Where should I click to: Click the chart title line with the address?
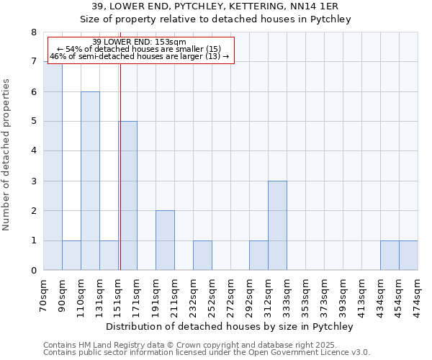pyautogui.click(x=216, y=6)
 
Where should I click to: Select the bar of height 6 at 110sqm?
pyautogui.click(x=90, y=181)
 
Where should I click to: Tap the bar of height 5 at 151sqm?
pyautogui.click(x=128, y=196)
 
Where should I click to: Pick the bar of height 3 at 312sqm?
pyautogui.click(x=277, y=225)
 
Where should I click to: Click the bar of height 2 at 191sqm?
pyautogui.click(x=165, y=240)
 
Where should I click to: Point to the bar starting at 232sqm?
pyautogui.click(x=202, y=256)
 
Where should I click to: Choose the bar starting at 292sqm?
pyautogui.click(x=258, y=256)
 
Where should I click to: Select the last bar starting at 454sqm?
pyautogui.click(x=408, y=256)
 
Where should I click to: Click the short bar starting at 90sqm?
pyautogui.click(x=71, y=256)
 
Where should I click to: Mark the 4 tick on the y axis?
pyautogui.click(x=33, y=151)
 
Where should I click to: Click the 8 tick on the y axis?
pyautogui.click(x=33, y=32)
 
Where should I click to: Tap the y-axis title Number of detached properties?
pyautogui.click(x=6, y=151)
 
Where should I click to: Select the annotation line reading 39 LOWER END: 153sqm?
pyautogui.click(x=140, y=42)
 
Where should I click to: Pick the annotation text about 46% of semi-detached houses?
pyautogui.click(x=140, y=56)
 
